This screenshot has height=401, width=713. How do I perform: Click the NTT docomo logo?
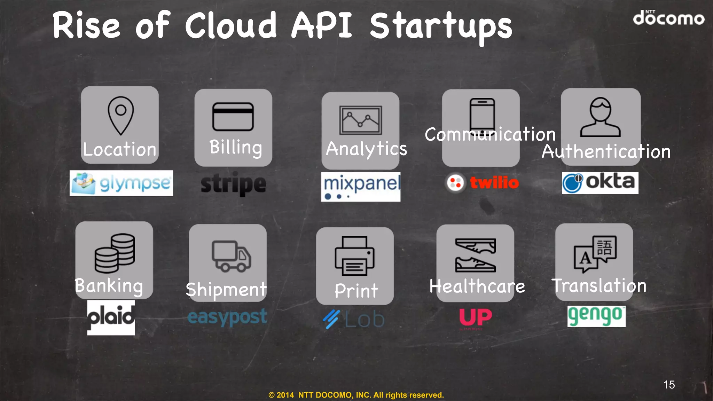click(x=668, y=18)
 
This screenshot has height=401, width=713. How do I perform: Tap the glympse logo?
click(x=121, y=183)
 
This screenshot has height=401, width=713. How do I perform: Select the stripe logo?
click(x=233, y=184)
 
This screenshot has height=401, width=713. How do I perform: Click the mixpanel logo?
click(x=361, y=187)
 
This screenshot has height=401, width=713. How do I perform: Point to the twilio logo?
click(x=483, y=182)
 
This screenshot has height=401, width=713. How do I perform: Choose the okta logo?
click(x=600, y=183)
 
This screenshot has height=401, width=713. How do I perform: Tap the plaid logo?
click(x=111, y=317)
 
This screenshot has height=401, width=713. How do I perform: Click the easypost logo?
click(x=227, y=317)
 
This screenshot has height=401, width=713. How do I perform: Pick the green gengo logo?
click(x=596, y=316)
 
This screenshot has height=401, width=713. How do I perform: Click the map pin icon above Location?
click(x=120, y=115)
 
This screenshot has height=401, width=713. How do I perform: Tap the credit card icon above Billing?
click(x=233, y=117)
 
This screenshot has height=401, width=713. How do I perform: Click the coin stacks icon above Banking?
click(x=115, y=253)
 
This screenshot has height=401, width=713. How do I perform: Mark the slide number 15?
click(x=669, y=385)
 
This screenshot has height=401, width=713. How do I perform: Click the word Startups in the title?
click(x=441, y=26)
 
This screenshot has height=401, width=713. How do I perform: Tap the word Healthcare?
click(x=477, y=286)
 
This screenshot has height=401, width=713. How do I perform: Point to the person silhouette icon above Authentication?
click(x=600, y=117)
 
